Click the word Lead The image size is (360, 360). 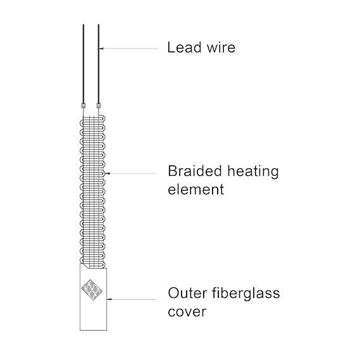[184, 47]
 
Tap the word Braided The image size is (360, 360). [195, 171]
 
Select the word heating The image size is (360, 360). [253, 171]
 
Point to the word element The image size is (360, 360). [196, 189]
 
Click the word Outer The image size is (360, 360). [187, 293]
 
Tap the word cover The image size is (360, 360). [187, 312]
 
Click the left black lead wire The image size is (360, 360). [84, 64]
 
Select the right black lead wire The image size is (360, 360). [99, 64]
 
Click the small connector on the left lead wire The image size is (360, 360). [84, 106]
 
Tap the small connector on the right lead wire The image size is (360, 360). [99, 106]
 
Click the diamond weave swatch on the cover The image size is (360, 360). [92, 290]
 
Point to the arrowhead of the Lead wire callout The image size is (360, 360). [102, 49]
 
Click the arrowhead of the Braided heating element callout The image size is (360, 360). [108, 173]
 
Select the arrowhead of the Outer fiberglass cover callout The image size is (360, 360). [109, 299]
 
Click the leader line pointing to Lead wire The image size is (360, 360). [129, 49]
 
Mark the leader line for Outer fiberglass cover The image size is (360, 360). [132, 299]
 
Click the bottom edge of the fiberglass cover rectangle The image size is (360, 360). [93, 330]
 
